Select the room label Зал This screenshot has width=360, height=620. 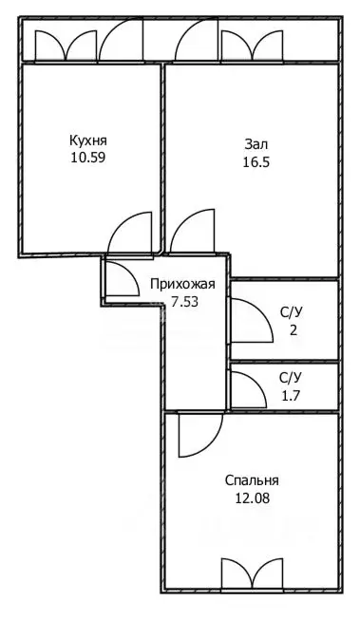point(256,144)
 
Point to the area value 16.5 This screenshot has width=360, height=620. point(256,161)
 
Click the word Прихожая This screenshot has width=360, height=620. point(182,284)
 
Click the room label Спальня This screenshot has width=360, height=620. point(253,479)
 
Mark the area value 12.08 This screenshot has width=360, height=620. point(253,497)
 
